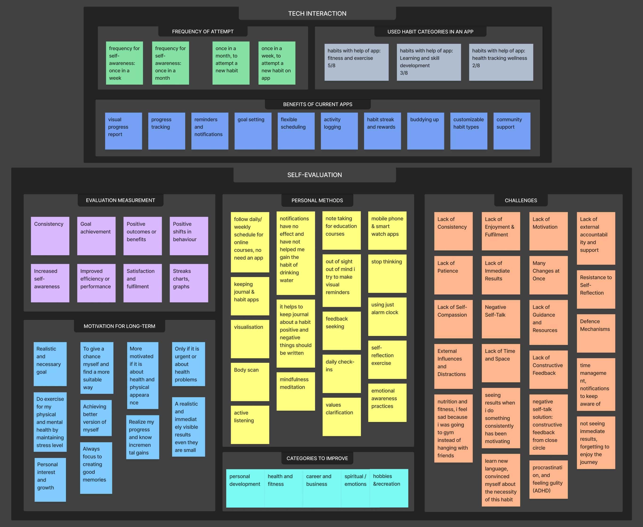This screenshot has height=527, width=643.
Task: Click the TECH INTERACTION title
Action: (x=317, y=14)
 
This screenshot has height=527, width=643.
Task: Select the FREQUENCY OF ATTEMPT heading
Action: (x=203, y=32)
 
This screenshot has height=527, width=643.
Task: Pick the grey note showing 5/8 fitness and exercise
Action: (x=356, y=62)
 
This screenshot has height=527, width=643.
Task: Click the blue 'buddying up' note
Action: (x=425, y=131)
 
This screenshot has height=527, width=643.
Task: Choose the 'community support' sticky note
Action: (x=512, y=131)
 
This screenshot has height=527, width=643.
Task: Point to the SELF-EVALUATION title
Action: (x=314, y=175)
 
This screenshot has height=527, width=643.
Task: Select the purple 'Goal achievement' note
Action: (x=96, y=236)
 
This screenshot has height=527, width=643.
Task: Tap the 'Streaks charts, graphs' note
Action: (x=189, y=283)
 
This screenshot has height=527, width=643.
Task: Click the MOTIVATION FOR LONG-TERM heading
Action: (x=119, y=326)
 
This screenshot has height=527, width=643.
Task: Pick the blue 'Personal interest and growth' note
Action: (x=50, y=480)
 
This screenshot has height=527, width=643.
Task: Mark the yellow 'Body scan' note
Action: (x=250, y=382)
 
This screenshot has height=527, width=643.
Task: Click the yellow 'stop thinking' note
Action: (x=387, y=274)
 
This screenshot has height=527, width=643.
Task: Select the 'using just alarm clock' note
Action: (x=387, y=317)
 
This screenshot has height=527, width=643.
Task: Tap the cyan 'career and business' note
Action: (x=322, y=488)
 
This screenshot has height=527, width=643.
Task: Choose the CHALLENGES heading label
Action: (x=521, y=200)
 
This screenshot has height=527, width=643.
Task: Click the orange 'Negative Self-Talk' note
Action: (x=501, y=319)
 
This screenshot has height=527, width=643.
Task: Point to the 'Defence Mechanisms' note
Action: (x=596, y=333)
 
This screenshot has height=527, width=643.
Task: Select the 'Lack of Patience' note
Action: (x=453, y=275)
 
